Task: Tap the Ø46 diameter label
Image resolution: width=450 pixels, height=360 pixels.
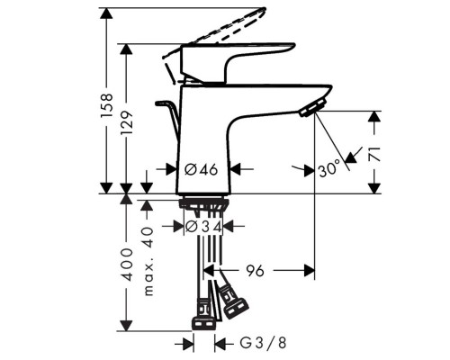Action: pos(202,168)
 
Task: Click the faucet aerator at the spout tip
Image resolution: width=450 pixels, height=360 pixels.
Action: pos(308,110)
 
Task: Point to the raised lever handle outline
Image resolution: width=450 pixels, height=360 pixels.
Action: pos(220,25)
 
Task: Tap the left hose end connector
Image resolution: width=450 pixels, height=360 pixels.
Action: pos(203,321)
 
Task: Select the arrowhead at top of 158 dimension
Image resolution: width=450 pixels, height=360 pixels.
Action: pos(106,13)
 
